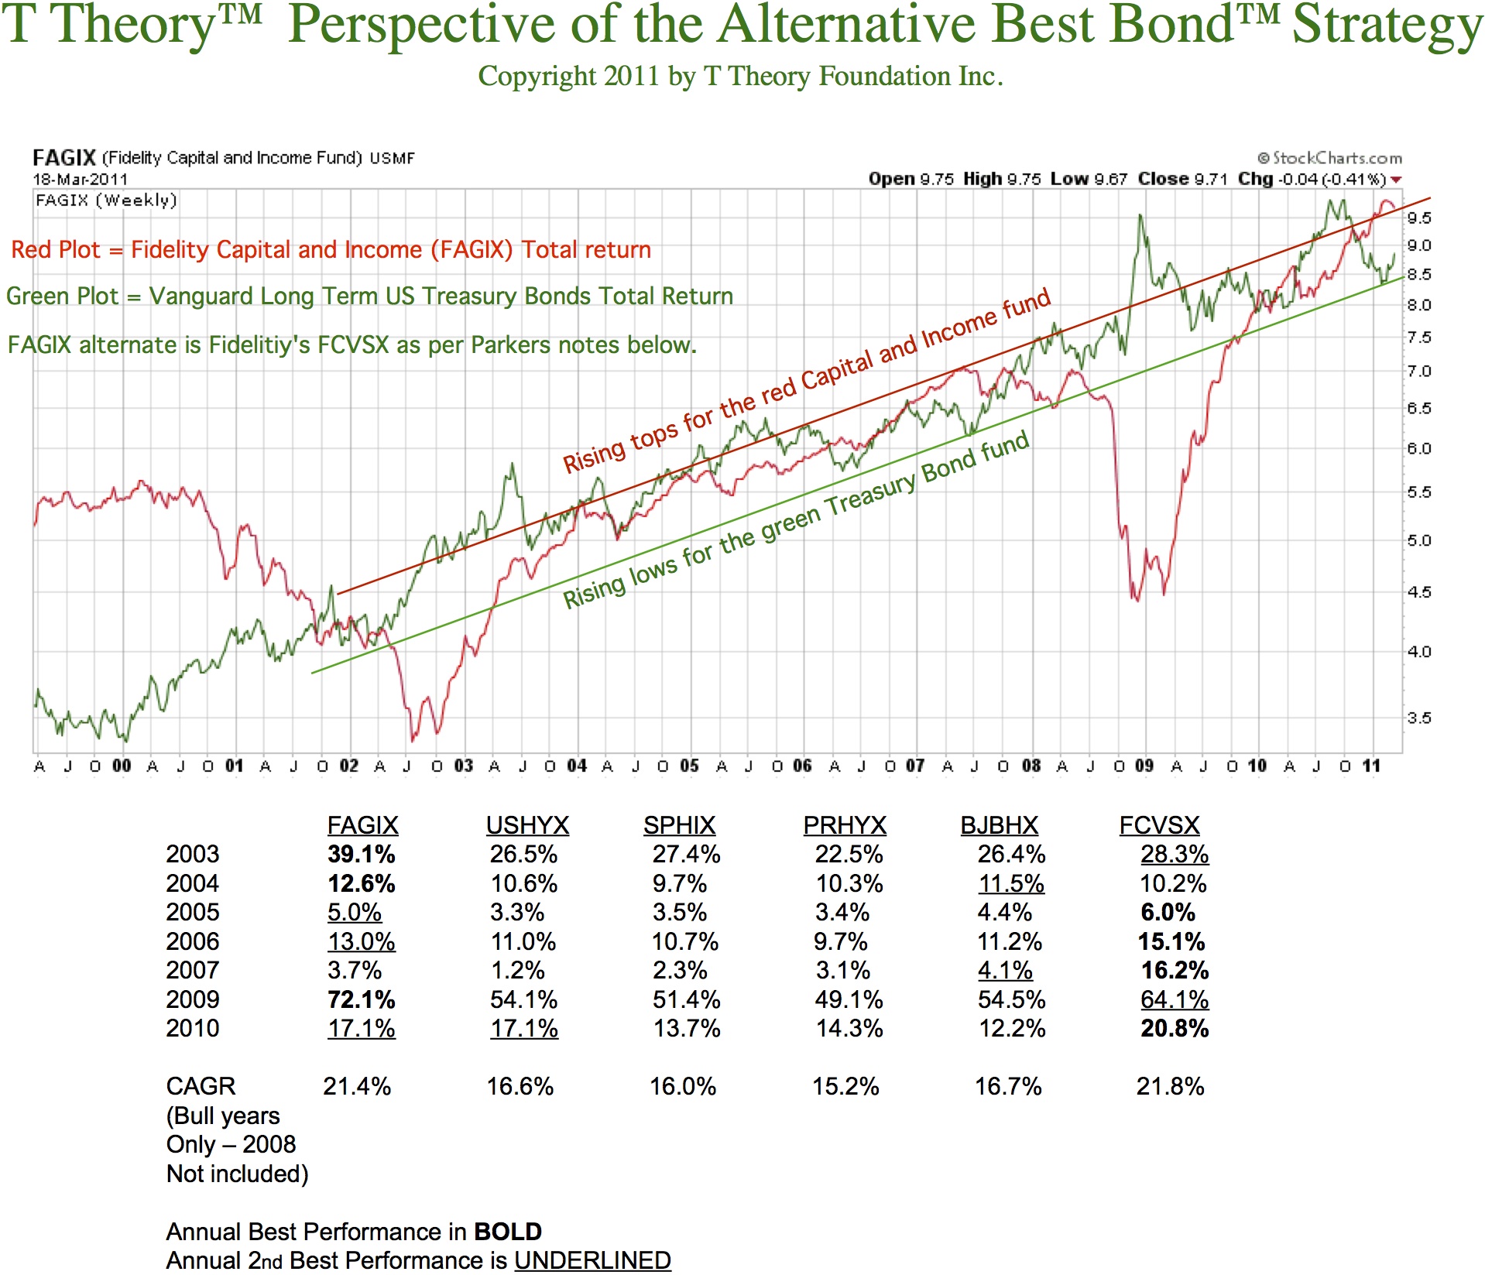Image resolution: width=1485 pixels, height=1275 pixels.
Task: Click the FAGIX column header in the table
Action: [362, 825]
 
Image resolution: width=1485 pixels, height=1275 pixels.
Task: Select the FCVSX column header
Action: [1159, 825]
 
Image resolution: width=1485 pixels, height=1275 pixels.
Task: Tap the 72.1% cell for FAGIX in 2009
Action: [361, 999]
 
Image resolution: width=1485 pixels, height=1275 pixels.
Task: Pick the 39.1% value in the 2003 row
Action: [361, 855]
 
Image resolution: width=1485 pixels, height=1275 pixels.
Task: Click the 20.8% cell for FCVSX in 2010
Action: [1175, 1029]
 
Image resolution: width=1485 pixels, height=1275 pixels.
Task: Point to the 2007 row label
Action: [193, 971]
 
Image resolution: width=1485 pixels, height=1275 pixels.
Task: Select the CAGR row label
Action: [201, 1087]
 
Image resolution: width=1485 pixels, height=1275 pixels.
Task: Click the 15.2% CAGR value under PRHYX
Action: [845, 1087]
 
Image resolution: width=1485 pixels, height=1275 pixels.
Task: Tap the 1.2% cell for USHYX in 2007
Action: [517, 971]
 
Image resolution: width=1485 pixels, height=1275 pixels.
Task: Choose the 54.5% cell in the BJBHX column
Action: [1011, 999]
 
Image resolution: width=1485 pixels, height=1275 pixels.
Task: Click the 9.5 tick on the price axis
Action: [1418, 218]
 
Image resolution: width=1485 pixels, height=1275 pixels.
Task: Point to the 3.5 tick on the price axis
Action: [1418, 718]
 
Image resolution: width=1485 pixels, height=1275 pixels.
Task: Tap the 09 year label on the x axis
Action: [1144, 766]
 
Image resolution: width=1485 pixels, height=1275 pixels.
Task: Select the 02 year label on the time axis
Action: [348, 766]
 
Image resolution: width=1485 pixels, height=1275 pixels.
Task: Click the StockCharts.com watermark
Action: [1329, 158]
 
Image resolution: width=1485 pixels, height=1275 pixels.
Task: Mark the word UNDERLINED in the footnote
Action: [592, 1260]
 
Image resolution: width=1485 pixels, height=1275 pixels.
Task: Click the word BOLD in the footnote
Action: [507, 1232]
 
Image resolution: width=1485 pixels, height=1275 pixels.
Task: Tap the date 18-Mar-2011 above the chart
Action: [80, 179]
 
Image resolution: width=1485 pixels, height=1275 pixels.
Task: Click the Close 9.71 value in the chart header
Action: [1182, 179]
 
